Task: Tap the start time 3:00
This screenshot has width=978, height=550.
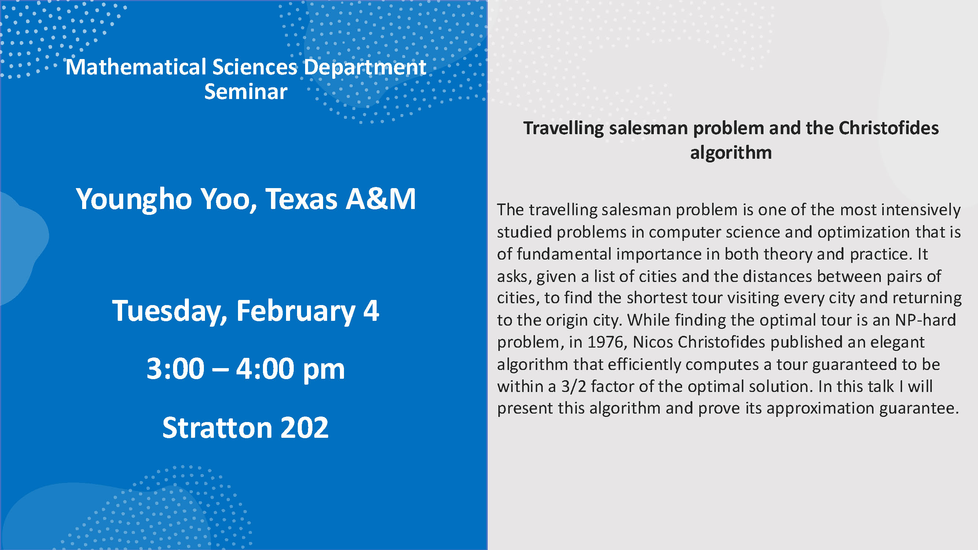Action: point(175,368)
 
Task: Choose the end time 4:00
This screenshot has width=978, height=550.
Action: point(265,368)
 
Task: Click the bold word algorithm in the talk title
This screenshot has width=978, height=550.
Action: point(731,153)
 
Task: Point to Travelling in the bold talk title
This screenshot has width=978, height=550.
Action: point(563,129)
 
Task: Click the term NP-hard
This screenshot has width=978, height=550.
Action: point(925,320)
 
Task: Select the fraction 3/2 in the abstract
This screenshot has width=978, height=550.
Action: point(574,386)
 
